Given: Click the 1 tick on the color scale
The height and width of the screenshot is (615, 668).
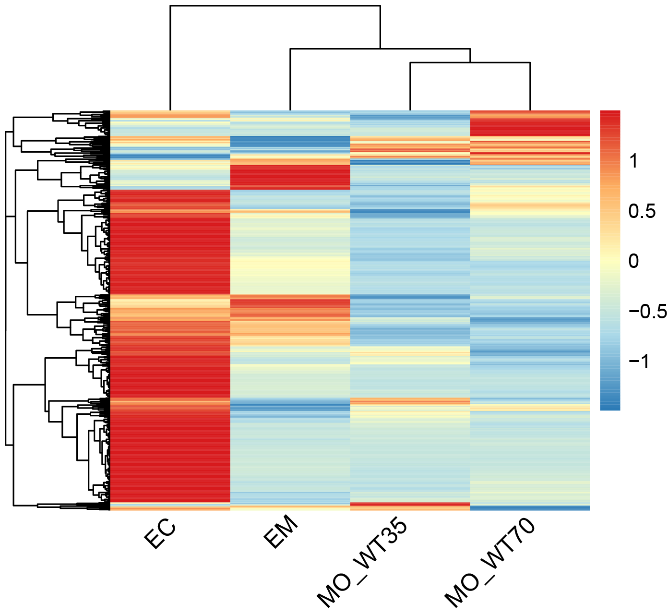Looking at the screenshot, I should click(633, 161).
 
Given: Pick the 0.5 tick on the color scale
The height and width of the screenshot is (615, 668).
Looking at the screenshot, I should click(642, 211).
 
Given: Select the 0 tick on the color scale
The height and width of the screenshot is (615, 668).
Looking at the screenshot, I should click(633, 261).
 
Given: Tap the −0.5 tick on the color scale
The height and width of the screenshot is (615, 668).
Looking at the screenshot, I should click(647, 311).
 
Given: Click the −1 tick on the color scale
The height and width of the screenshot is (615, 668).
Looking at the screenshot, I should click(639, 361).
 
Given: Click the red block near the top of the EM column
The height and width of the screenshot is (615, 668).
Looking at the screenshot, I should click(290, 177).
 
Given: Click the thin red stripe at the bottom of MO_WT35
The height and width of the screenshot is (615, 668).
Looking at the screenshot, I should click(410, 504).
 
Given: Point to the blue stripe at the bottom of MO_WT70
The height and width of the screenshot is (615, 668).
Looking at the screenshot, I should click(530, 508).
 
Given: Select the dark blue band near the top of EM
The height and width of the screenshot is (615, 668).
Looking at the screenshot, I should click(290, 142).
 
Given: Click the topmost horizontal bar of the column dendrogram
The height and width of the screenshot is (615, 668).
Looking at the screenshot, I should click(275, 5).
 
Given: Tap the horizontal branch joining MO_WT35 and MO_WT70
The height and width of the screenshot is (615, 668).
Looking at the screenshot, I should click(470, 62).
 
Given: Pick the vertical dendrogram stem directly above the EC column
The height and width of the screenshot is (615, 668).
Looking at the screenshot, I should click(170, 58).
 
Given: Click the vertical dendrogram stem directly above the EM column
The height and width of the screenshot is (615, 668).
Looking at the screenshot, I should click(290, 79).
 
